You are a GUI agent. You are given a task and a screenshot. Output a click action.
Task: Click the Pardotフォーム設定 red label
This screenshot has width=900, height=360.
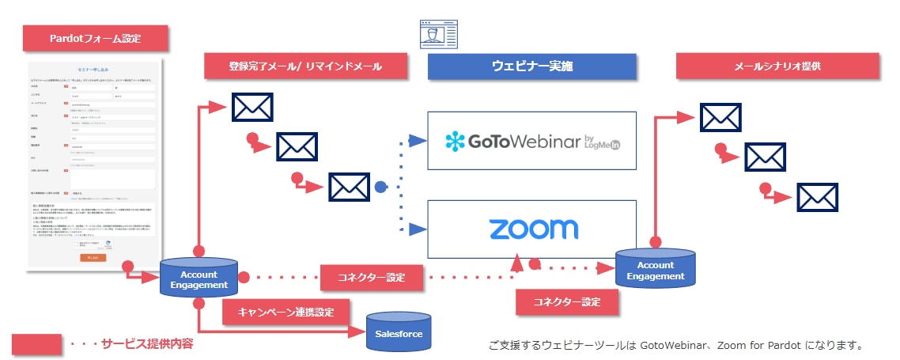pos(96,38)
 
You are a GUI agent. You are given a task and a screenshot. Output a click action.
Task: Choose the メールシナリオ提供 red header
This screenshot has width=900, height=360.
pos(778,66)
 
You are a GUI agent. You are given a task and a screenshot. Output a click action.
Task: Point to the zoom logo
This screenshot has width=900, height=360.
pos(533,229)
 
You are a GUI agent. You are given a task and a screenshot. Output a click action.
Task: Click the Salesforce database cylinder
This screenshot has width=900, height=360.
pos(399,333)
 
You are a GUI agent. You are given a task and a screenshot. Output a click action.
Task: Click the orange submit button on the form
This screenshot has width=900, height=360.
pos(93,258)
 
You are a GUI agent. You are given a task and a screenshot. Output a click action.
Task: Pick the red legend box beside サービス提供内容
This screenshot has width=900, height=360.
pos(36,343)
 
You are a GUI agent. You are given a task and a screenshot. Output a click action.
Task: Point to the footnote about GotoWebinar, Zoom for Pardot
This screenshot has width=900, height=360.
pos(675,345)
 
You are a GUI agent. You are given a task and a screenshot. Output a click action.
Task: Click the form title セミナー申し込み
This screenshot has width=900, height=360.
pos(93,70)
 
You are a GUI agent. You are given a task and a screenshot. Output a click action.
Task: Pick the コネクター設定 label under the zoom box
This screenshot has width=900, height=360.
pos(565,301)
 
